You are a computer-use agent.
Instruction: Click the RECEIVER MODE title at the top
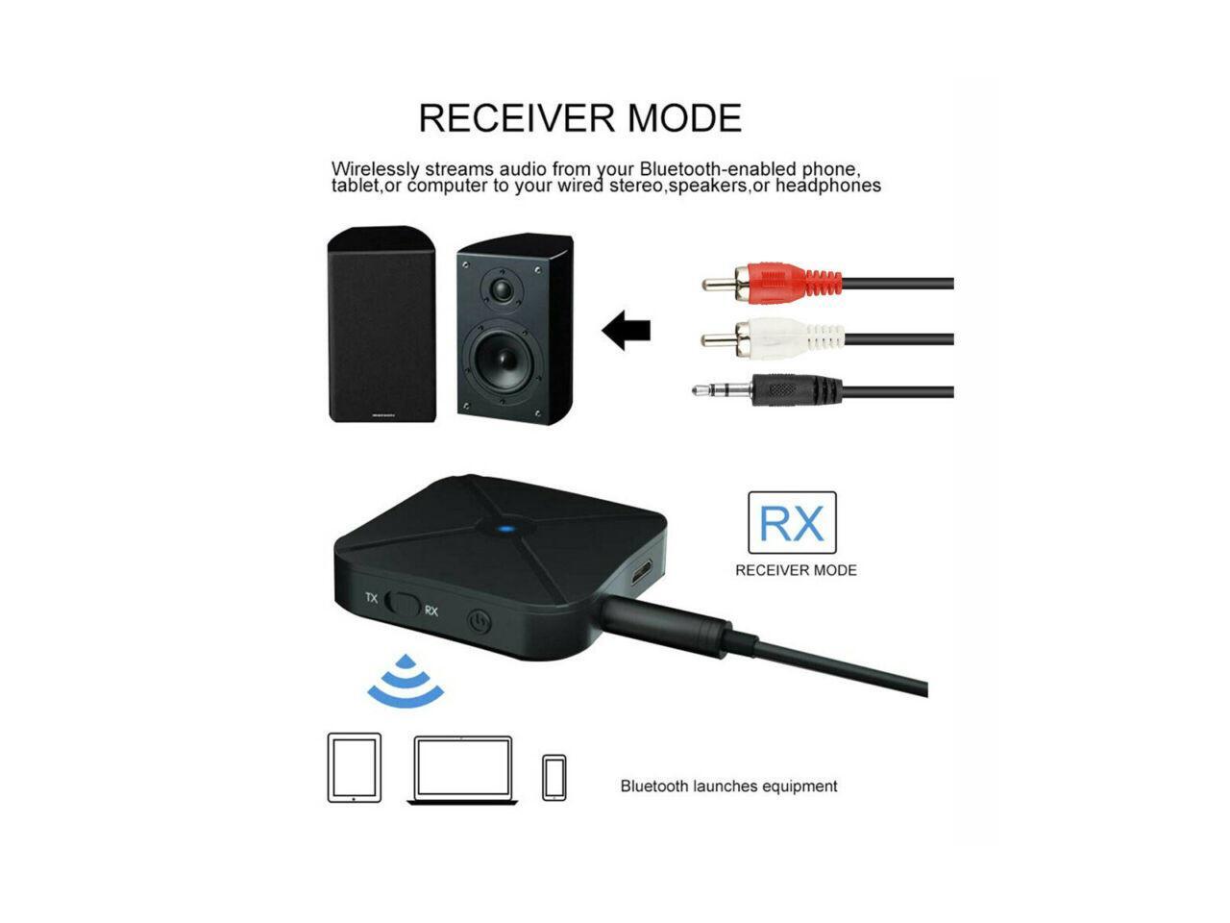click(580, 118)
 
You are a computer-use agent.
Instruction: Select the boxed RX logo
click(792, 523)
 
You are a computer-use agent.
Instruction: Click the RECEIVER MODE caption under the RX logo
click(796, 570)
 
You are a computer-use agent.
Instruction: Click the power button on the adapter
click(479, 621)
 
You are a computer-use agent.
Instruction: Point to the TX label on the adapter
click(371, 598)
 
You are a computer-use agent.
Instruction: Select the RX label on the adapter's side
click(431, 611)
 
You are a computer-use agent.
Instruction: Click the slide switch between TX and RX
click(403, 605)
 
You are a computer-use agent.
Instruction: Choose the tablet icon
click(355, 767)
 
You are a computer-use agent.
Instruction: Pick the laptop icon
click(462, 769)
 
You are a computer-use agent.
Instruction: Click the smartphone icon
click(553, 777)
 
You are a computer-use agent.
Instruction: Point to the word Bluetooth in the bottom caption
click(653, 786)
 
